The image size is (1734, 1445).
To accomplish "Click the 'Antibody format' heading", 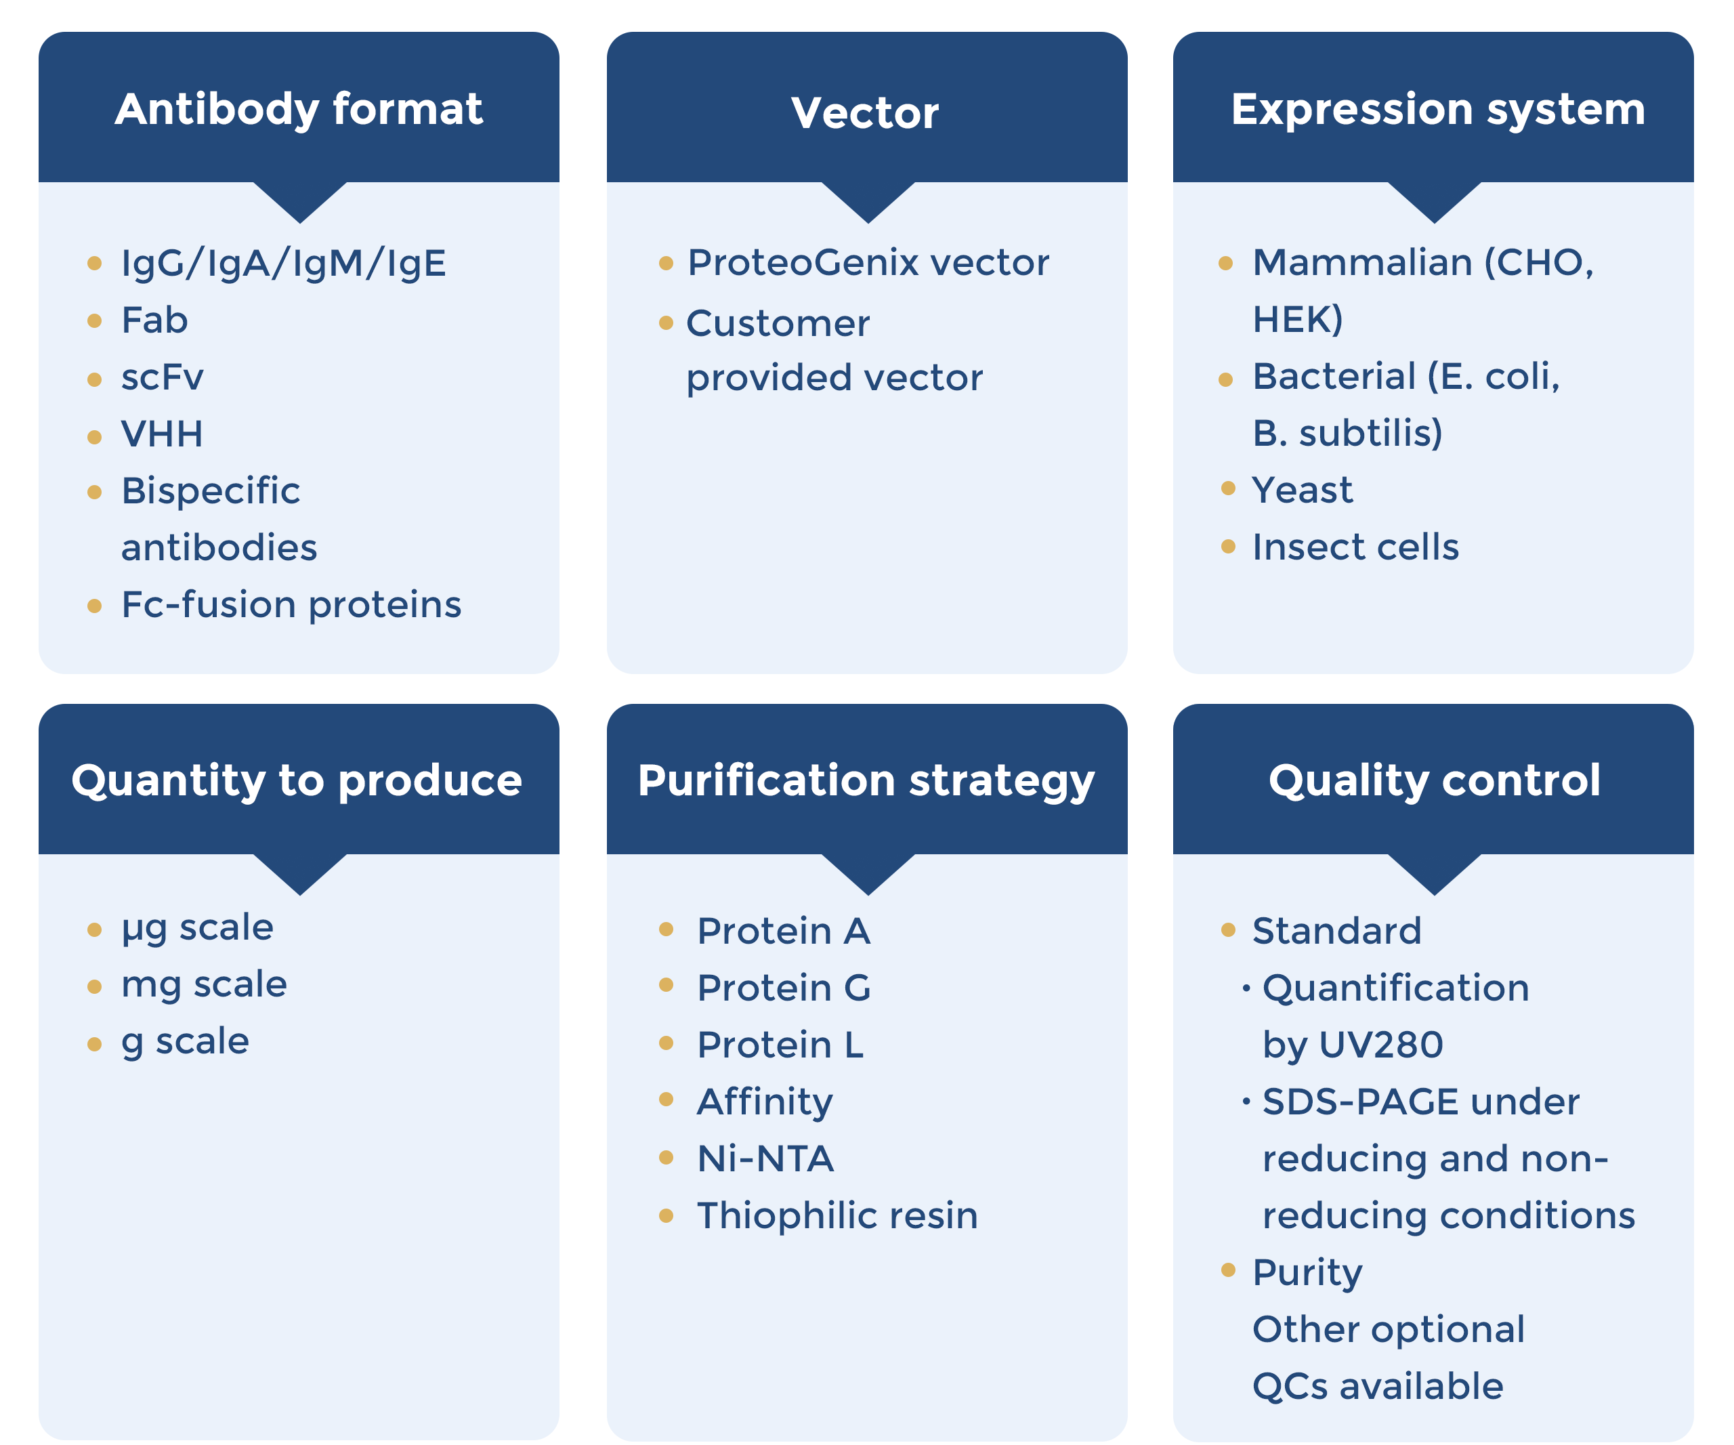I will (298, 109).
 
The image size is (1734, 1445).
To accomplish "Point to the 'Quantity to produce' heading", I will (297, 780).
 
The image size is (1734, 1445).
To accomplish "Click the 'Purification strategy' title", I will (866, 780).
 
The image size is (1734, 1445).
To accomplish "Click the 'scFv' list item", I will (162, 377).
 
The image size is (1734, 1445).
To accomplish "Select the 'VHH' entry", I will (162, 434).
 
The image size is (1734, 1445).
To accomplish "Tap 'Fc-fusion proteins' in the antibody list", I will (291, 604).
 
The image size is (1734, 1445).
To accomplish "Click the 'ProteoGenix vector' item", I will (868, 263).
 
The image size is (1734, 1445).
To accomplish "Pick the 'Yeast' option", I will (1302, 490).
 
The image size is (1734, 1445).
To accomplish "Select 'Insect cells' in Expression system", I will (1355, 547).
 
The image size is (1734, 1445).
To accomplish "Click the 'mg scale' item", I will (204, 984).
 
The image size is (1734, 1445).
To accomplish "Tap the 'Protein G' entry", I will (784, 988).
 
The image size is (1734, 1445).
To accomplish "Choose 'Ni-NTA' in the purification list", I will (765, 1158).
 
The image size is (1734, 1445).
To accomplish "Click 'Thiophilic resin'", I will (837, 1215).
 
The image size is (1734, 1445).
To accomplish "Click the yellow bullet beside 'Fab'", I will (94, 320).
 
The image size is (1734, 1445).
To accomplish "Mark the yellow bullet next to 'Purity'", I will (1228, 1270).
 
